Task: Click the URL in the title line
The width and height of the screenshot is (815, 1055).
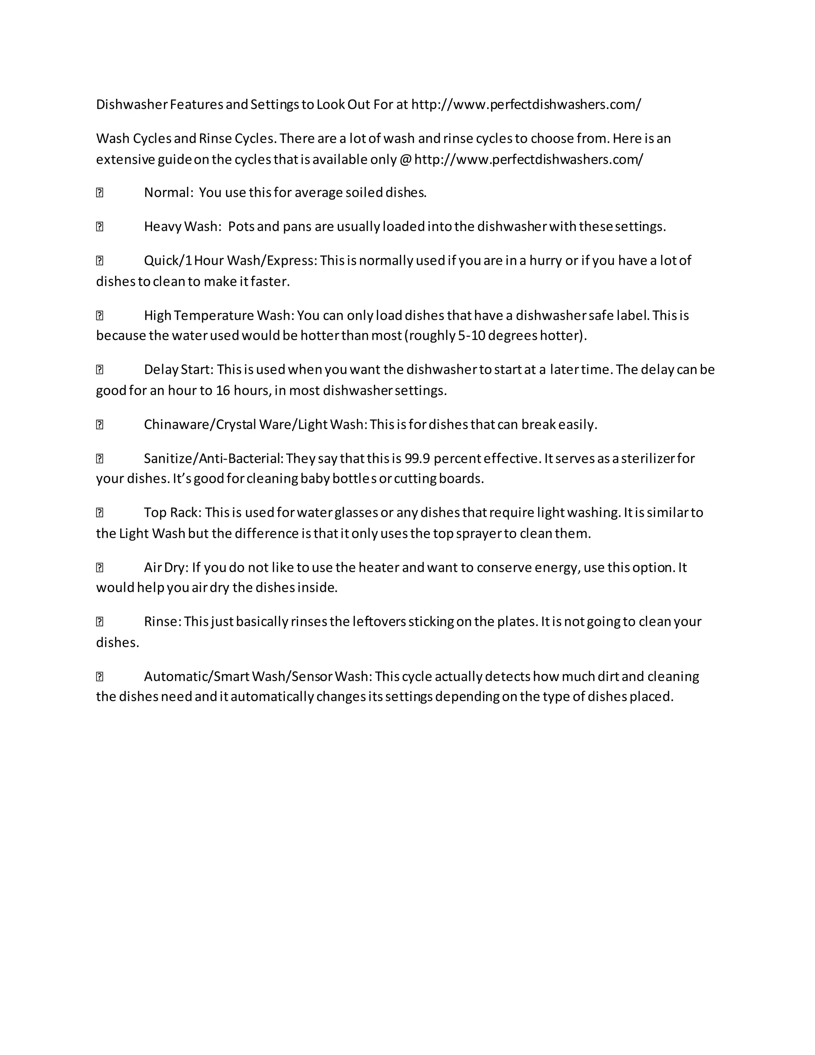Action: coord(526,104)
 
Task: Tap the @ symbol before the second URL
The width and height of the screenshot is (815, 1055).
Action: coord(405,159)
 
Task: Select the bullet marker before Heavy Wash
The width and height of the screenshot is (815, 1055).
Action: coord(100,227)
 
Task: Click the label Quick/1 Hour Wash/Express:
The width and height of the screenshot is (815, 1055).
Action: coord(231,261)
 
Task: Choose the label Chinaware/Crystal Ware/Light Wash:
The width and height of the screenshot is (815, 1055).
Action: coord(256,425)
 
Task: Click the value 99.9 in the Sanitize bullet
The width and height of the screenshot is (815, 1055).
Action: coord(417,458)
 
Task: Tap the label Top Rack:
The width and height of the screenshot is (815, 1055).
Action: coord(173,512)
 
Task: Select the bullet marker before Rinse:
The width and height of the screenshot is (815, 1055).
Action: coord(100,622)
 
